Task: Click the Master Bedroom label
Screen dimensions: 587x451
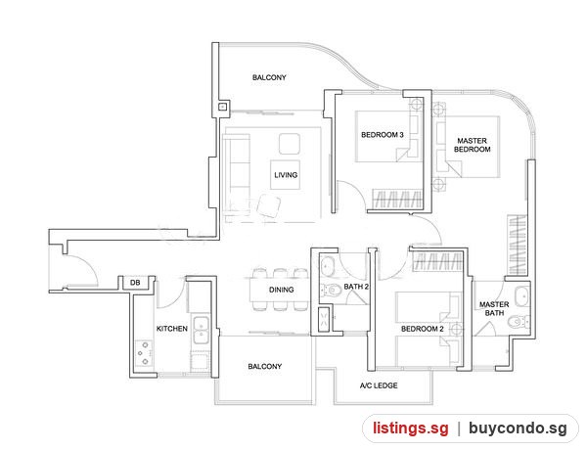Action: pyautogui.click(x=472, y=145)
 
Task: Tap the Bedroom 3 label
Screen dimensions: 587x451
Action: pyautogui.click(x=383, y=135)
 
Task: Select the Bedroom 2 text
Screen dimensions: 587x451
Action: pyautogui.click(x=423, y=329)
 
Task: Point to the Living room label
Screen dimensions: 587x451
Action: pyautogui.click(x=286, y=175)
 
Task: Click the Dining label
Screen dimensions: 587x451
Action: pyautogui.click(x=281, y=290)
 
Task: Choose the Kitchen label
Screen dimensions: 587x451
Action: pyautogui.click(x=172, y=329)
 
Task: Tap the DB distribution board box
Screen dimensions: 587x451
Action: pyautogui.click(x=136, y=283)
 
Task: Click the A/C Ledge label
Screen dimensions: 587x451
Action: pyautogui.click(x=379, y=385)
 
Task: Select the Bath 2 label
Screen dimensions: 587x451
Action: pyautogui.click(x=356, y=287)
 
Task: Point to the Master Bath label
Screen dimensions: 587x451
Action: pyautogui.click(x=494, y=309)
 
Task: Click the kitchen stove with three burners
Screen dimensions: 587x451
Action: pyautogui.click(x=144, y=353)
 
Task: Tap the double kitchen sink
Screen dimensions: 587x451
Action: pyautogui.click(x=201, y=330)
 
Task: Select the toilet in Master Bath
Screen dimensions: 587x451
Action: pyautogui.click(x=519, y=321)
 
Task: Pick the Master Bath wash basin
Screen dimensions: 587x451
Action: pyautogui.click(x=521, y=296)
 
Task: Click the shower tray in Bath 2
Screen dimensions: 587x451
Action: pyautogui.click(x=324, y=319)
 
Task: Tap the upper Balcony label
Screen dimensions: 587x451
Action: pyautogui.click(x=269, y=77)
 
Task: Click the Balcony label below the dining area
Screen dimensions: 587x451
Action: pyautogui.click(x=265, y=366)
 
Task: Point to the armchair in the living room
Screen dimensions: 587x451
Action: pyautogui.click(x=269, y=205)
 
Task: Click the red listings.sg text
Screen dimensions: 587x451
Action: pyautogui.click(x=410, y=428)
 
